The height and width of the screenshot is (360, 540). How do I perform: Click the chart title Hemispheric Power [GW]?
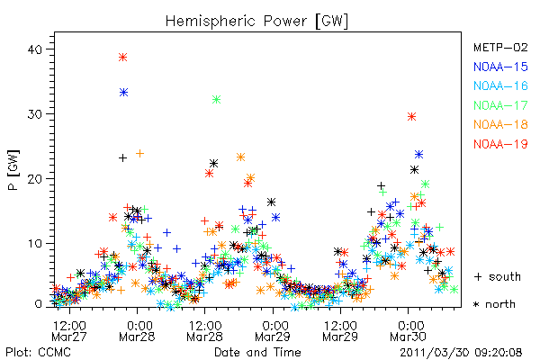[x=256, y=22]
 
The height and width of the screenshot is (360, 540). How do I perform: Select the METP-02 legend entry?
[x=500, y=47]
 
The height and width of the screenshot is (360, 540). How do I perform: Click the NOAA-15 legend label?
[x=500, y=67]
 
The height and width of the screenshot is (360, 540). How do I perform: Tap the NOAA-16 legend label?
[x=500, y=85]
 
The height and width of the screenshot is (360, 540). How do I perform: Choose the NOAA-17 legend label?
[x=500, y=105]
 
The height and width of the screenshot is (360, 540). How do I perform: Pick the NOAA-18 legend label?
[x=500, y=124]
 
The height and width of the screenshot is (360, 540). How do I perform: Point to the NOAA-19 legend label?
[x=500, y=144]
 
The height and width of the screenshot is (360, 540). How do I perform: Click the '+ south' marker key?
[x=498, y=276]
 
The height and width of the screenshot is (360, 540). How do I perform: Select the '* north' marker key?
[x=494, y=304]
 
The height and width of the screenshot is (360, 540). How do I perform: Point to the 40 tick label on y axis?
[x=35, y=49]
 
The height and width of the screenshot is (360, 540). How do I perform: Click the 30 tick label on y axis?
[x=35, y=114]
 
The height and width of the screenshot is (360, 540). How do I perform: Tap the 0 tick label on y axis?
[x=39, y=304]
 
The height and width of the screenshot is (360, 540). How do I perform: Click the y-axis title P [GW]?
[x=13, y=170]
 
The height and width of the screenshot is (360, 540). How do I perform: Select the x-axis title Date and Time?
[x=257, y=353]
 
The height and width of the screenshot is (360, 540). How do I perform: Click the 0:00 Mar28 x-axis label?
[x=137, y=331]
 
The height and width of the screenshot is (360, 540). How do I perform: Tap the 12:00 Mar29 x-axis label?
[x=340, y=331]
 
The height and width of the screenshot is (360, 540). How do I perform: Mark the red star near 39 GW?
[x=123, y=58]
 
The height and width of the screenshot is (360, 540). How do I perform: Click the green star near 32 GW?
[x=216, y=100]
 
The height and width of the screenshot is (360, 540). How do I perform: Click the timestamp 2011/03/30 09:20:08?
[x=461, y=353]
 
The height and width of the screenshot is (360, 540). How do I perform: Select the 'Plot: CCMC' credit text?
[x=38, y=353]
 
